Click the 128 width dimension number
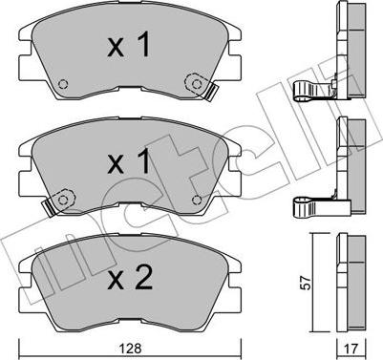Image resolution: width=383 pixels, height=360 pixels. pyautogui.click(x=131, y=349)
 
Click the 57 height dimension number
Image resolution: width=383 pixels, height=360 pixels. pyautogui.click(x=307, y=283)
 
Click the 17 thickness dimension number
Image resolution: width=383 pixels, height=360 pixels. pyautogui.click(x=351, y=349)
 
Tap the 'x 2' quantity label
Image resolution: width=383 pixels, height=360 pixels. pyautogui.click(x=130, y=278)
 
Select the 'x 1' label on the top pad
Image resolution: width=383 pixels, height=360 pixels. pyautogui.click(x=128, y=45)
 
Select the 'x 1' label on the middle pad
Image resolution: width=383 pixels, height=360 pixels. pyautogui.click(x=128, y=161)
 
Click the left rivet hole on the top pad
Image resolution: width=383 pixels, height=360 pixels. pyautogui.click(x=63, y=84)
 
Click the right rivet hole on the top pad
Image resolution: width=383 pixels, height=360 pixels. pyautogui.click(x=197, y=83)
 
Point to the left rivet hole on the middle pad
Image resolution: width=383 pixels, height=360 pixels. pyautogui.click(x=63, y=200)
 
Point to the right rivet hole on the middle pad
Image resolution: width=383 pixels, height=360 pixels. pyautogui.click(x=197, y=200)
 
